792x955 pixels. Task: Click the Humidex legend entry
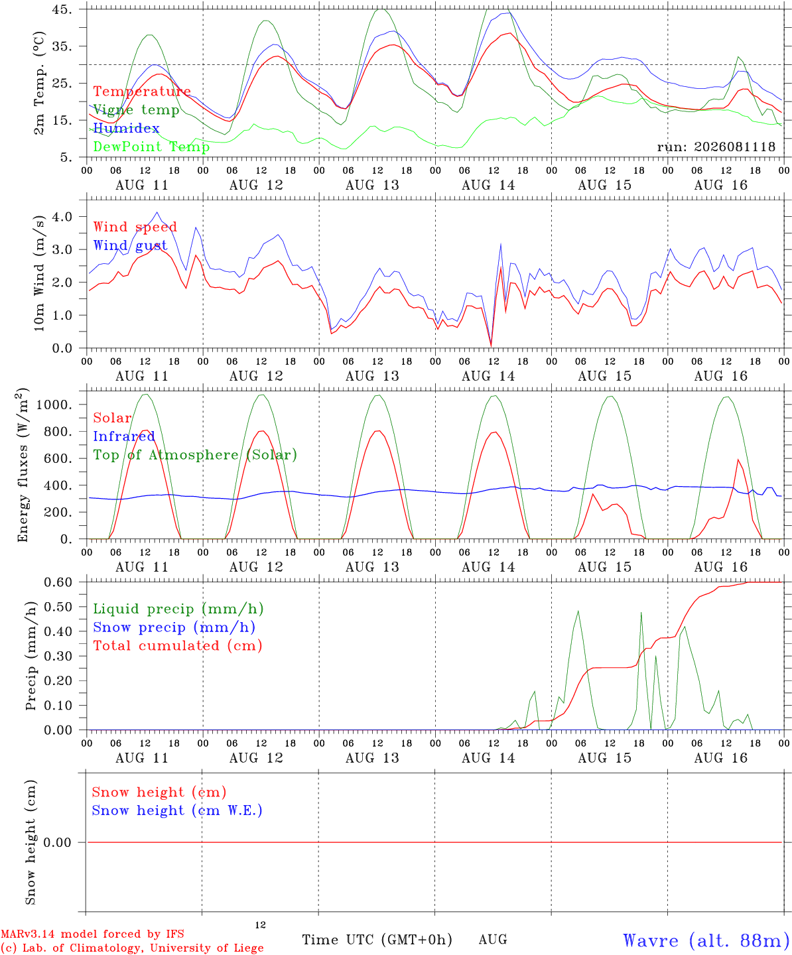(x=126, y=128)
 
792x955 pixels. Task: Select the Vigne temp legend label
(x=137, y=110)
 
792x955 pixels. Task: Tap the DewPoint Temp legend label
(x=151, y=147)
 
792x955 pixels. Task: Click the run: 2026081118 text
(x=716, y=147)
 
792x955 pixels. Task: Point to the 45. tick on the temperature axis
(x=62, y=9)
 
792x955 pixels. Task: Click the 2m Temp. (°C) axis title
(x=39, y=84)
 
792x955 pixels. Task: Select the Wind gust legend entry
(x=131, y=245)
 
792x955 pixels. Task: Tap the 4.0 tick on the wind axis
(x=62, y=216)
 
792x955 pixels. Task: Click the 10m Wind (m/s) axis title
(x=39, y=273)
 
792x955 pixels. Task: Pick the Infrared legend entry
(x=124, y=436)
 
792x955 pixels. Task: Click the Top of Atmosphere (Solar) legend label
(x=196, y=455)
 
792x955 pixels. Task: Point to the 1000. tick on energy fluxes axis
(x=54, y=405)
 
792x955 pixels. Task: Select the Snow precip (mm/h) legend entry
(x=174, y=627)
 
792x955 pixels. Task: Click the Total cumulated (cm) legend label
(x=178, y=646)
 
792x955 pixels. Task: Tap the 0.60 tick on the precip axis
(x=58, y=582)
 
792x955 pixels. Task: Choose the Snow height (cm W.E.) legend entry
(x=177, y=810)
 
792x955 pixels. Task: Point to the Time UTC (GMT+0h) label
(x=377, y=940)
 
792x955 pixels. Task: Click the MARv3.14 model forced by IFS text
(x=92, y=934)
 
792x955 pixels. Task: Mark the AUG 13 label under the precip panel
(x=372, y=758)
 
